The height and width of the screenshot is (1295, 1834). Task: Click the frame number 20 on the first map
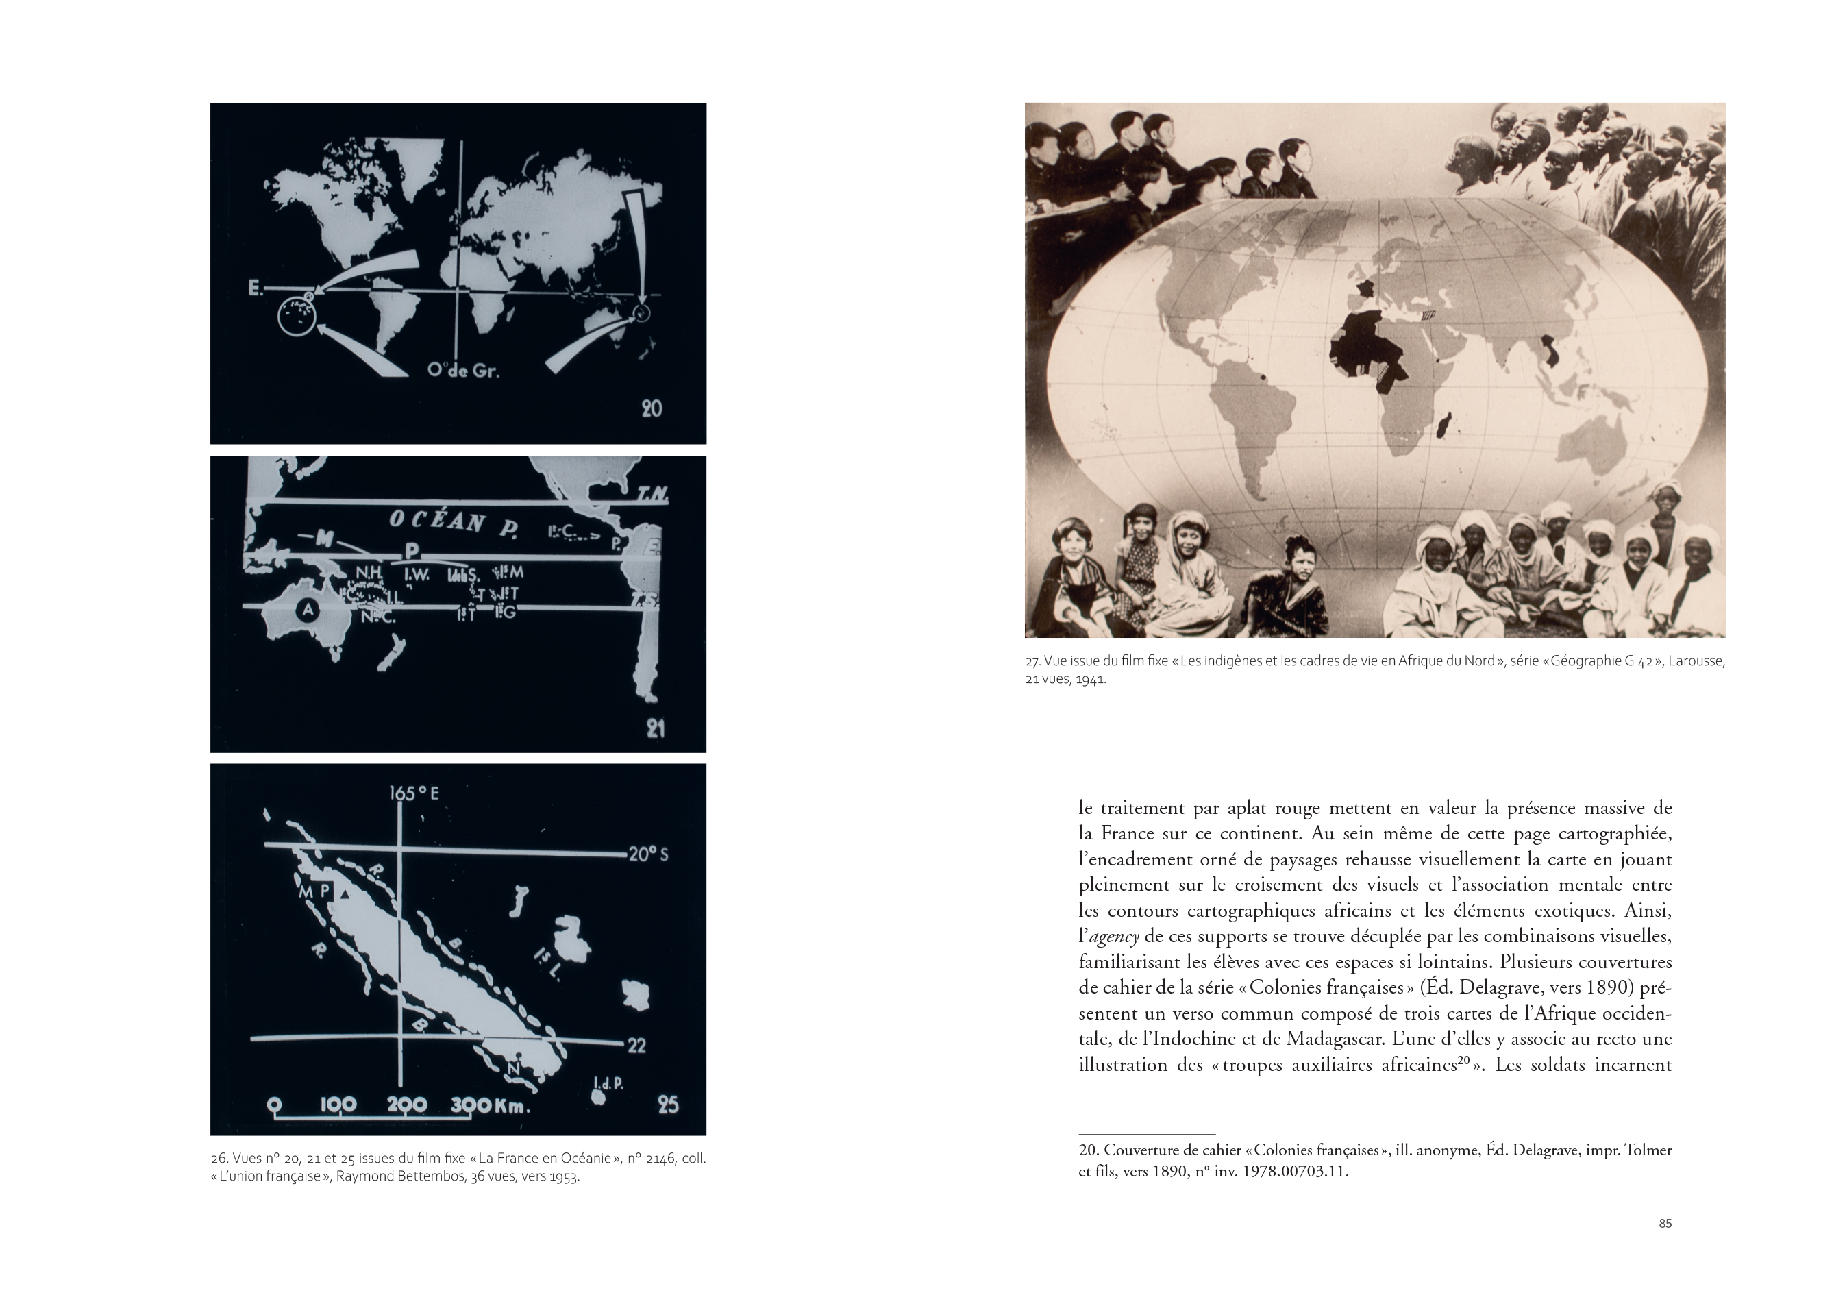pos(652,408)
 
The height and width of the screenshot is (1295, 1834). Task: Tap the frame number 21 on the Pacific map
pos(655,728)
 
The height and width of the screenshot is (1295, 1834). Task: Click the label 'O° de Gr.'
pos(463,371)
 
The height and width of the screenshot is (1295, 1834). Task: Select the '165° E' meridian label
pos(414,793)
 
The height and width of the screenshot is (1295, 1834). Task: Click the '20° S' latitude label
pos(648,854)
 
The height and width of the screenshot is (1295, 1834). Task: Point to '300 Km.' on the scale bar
pos(491,1106)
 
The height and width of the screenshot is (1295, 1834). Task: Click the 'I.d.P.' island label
pos(608,1083)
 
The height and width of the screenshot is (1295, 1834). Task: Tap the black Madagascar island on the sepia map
pos(1443,425)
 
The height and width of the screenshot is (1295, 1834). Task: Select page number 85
pos(1665,1223)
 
